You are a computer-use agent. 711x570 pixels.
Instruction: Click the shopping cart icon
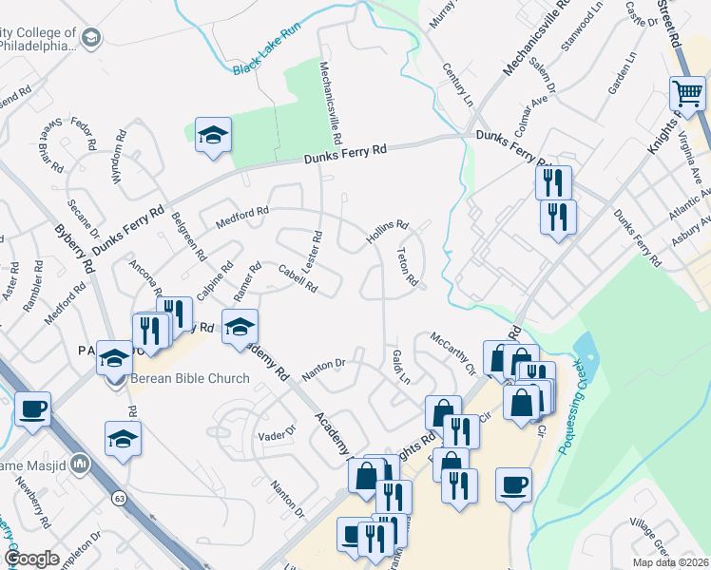pos(687,93)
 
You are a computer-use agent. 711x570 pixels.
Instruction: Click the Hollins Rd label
pos(388,233)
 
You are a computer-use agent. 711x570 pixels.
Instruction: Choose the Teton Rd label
pos(407,267)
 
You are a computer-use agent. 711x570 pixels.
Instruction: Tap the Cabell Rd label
pos(298,277)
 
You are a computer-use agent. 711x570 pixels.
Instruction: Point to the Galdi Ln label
pos(400,366)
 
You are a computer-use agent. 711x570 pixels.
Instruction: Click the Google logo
pos(32,559)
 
